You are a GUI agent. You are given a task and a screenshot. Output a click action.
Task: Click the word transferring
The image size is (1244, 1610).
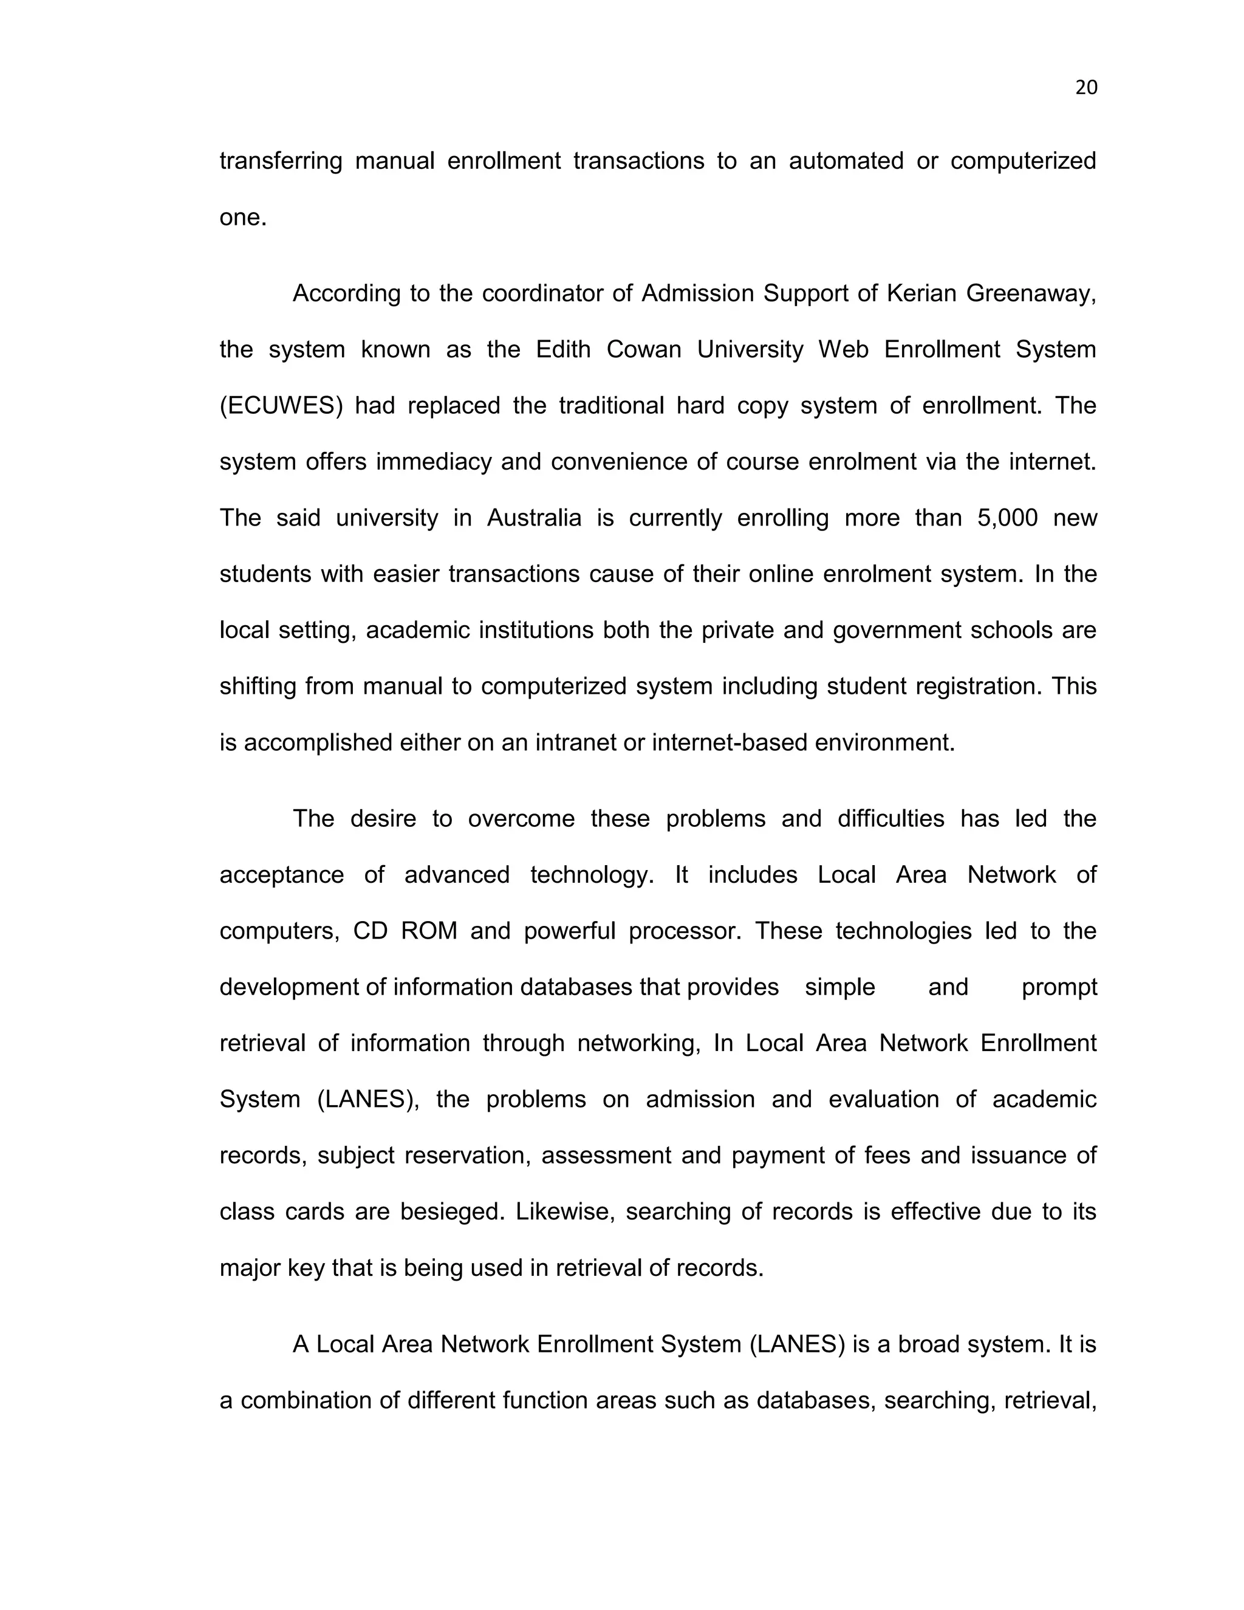(281, 162)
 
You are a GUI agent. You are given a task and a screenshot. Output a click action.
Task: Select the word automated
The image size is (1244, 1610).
(846, 162)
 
